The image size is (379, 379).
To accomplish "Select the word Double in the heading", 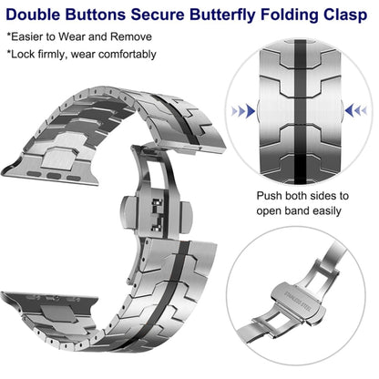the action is [33, 15].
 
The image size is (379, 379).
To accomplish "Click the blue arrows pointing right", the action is [243, 111].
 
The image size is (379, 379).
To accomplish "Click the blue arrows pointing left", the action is [356, 110].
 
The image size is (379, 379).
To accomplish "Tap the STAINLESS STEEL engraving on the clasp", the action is [298, 302].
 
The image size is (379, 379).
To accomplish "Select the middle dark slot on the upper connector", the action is [55, 176].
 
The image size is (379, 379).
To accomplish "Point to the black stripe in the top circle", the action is [301, 112].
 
